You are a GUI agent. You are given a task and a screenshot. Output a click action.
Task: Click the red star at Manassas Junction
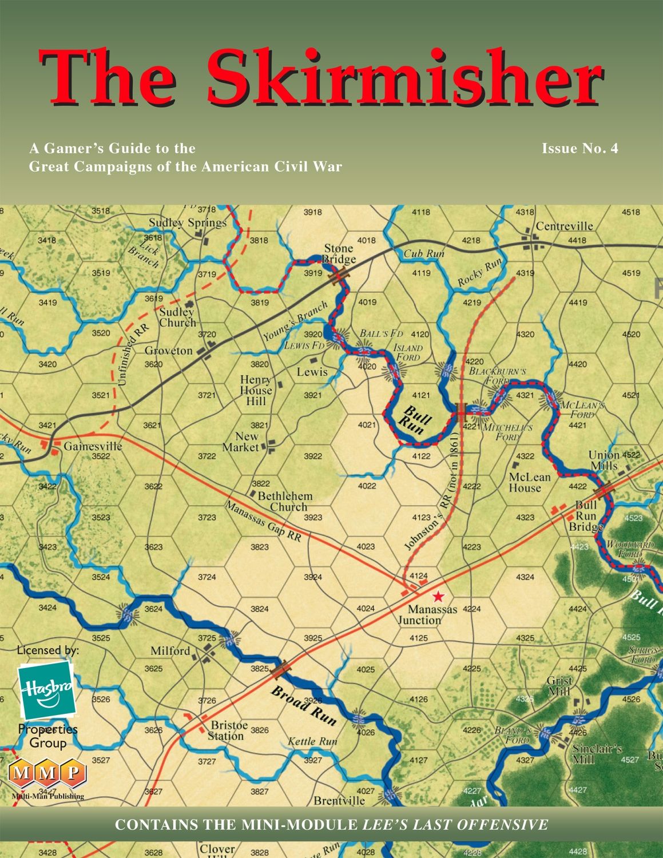coord(438,597)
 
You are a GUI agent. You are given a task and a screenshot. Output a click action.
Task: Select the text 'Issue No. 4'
coord(579,149)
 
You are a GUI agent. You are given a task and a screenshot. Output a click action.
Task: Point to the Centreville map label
coord(564,226)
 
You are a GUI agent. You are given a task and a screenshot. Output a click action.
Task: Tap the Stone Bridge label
coord(339,254)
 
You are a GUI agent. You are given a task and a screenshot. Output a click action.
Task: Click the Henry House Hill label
coord(256,391)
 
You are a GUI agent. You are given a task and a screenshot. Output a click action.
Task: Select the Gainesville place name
coord(93,446)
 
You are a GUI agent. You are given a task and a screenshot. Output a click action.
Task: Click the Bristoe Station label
coord(228,730)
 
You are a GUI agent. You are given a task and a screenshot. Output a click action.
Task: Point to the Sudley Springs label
coord(188,223)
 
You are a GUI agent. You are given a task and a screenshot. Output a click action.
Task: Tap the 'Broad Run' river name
coord(303,705)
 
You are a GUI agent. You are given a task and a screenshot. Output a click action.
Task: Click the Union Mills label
coord(604,460)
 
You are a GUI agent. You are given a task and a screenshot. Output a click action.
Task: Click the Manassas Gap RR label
coord(263,521)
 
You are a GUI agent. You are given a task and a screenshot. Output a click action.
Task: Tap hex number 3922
coord(313,456)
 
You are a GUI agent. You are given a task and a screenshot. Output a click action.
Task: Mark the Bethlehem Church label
coord(285,502)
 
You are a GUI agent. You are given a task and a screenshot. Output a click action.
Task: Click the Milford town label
coord(170,651)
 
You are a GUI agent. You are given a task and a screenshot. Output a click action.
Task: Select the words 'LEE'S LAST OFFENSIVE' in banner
coord(455,825)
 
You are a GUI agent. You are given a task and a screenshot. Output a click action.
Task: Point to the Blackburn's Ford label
coord(497,376)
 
